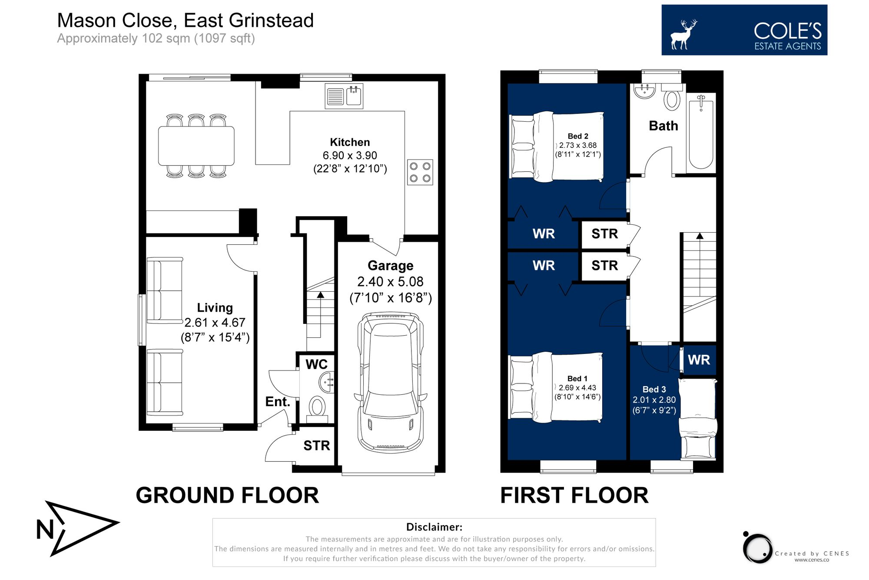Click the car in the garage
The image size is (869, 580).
(x=390, y=383)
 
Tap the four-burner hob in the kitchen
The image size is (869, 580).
(x=420, y=172)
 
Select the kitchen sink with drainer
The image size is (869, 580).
(x=344, y=96)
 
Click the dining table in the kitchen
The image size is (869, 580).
(x=196, y=146)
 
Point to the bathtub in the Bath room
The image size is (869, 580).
(x=701, y=133)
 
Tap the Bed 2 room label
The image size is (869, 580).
(x=577, y=136)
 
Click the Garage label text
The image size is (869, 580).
(x=390, y=265)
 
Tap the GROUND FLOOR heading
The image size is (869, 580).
(x=227, y=495)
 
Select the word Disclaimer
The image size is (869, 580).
(x=434, y=527)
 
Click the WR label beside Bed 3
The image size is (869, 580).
(x=699, y=360)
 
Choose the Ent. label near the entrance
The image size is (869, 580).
(x=277, y=401)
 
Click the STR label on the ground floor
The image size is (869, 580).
(x=316, y=445)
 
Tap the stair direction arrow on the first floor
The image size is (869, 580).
(x=700, y=236)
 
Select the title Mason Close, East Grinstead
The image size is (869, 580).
(x=186, y=20)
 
